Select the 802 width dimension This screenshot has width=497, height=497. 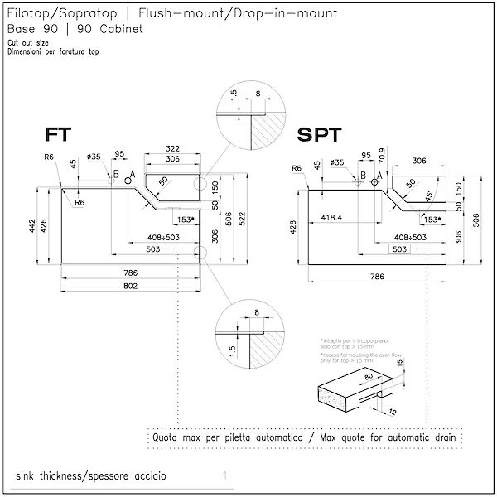click(130, 286)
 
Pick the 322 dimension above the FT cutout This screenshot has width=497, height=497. click(172, 148)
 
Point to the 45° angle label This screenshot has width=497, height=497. click(427, 196)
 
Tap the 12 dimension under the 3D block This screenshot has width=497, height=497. click(393, 411)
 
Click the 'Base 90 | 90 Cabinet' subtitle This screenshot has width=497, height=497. click(75, 28)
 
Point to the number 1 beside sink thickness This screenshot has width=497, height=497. click(224, 476)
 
